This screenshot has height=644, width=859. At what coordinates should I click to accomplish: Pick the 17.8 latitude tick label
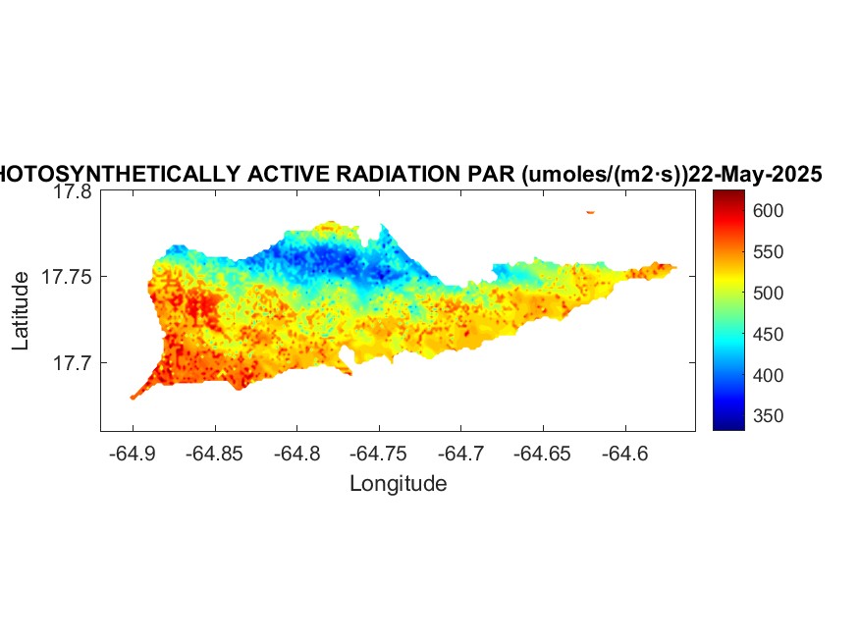[72, 192]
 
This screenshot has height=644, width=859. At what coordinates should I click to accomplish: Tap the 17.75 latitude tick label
[67, 278]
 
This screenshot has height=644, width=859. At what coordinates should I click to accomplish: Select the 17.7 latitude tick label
[72, 363]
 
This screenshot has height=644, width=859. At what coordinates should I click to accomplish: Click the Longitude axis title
[398, 483]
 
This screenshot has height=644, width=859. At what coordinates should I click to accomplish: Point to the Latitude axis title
[22, 311]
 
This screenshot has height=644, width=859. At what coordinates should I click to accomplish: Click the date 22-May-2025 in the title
[755, 175]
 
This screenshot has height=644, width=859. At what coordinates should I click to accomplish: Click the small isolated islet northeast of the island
[591, 211]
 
